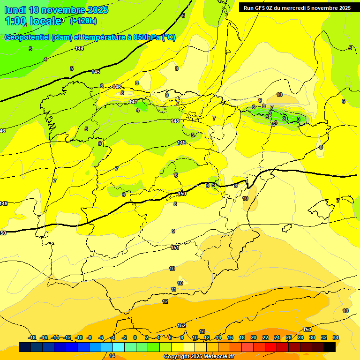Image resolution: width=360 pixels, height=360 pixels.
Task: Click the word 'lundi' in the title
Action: coord(15,10)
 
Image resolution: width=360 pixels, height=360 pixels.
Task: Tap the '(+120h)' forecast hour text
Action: coord(83,21)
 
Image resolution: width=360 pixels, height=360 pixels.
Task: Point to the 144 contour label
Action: coord(79,48)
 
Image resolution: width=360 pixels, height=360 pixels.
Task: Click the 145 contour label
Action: coord(96,72)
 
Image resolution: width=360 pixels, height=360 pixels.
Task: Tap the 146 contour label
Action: coord(117,87)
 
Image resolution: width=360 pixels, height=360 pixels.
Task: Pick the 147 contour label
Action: coord(133,102)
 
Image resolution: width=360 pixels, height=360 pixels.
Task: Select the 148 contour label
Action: coord(175,121)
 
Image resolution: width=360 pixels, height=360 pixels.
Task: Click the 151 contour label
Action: coord(175,247)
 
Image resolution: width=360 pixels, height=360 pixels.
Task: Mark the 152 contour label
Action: coord(181,325)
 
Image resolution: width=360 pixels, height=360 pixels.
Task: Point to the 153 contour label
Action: coord(307,330)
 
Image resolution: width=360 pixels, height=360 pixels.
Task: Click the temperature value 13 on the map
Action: coord(202,331)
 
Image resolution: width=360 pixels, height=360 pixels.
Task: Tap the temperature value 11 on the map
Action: coord(173,289)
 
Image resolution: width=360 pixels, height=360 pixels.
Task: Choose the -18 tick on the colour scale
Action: coord(32,337)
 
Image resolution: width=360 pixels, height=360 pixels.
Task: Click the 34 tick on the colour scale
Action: coord(335,337)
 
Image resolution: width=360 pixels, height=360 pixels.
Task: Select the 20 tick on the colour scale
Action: coord(253,337)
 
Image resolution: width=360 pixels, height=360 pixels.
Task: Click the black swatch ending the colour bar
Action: coord(329,347)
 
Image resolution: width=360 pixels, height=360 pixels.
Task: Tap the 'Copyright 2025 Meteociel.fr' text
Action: coord(199,356)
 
